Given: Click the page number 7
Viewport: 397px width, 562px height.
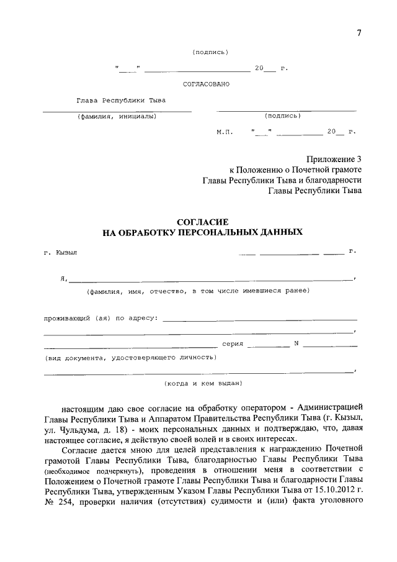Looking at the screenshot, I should click(359, 33).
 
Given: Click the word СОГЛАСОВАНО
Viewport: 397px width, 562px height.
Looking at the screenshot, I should click(206, 84).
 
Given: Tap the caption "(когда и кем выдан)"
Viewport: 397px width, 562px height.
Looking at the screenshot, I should click(202, 383).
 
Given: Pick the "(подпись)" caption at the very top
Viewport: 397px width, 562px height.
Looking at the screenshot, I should click(210, 52).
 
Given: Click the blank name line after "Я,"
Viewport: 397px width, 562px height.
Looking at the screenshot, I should click(211, 279).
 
